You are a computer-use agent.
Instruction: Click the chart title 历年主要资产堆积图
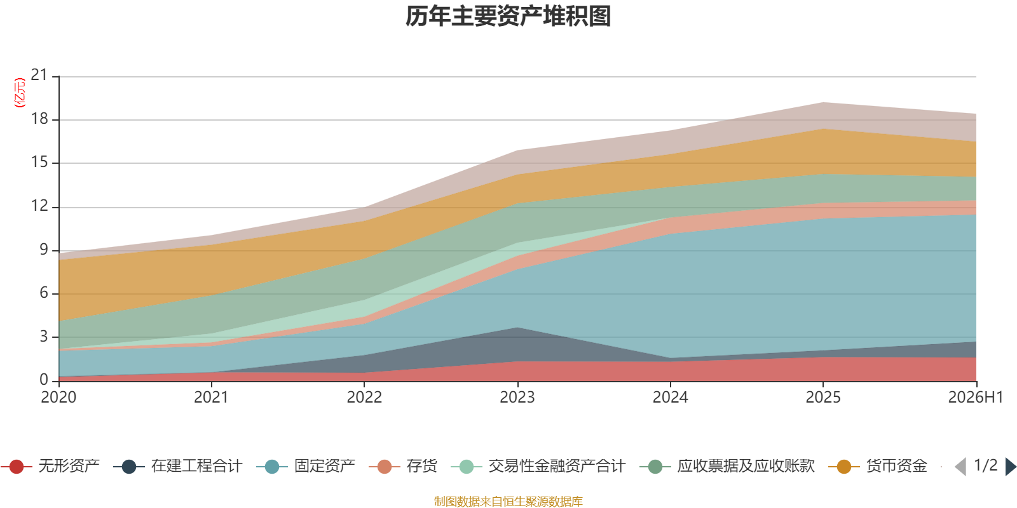pyautogui.click(x=508, y=17)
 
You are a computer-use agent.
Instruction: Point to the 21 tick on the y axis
pyautogui.click(x=39, y=75)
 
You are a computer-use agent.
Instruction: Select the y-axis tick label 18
pyautogui.click(x=39, y=119)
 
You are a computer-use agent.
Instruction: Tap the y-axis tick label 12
pyautogui.click(x=39, y=206)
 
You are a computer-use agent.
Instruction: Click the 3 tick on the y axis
pyautogui.click(x=44, y=337)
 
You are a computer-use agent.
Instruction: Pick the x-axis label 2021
pyautogui.click(x=211, y=398)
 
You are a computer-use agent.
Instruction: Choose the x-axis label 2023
pyautogui.click(x=517, y=398)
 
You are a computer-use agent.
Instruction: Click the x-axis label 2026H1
pyautogui.click(x=976, y=398)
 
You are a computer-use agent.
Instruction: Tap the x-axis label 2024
pyautogui.click(x=670, y=398)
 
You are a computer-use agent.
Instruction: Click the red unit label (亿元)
pyautogui.click(x=20, y=93)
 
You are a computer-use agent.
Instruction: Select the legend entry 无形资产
pyautogui.click(x=50, y=466)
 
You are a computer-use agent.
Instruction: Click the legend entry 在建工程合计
pyautogui.click(x=178, y=466)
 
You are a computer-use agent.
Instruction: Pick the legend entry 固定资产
pyautogui.click(x=306, y=466)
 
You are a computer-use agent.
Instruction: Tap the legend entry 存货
pyautogui.click(x=403, y=466)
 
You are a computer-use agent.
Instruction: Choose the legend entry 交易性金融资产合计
pyautogui.click(x=538, y=466)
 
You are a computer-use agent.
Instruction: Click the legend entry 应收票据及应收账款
pyautogui.click(x=727, y=466)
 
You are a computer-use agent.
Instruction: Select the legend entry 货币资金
pyautogui.click(x=878, y=466)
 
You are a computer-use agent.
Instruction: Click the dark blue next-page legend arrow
pyautogui.click(x=1010, y=467)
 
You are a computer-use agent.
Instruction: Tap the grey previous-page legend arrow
pyautogui.click(x=960, y=467)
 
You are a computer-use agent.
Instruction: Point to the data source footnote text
pyautogui.click(x=508, y=501)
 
